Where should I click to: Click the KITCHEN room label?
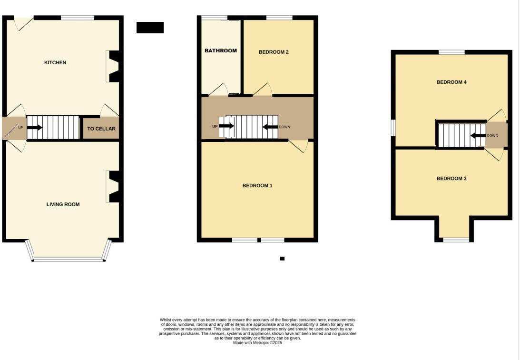pyautogui.click(x=55, y=62)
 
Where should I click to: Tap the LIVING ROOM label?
pyautogui.click(x=63, y=204)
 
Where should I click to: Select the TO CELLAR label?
pyautogui.click(x=101, y=129)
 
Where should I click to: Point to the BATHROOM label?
pyautogui.click(x=220, y=50)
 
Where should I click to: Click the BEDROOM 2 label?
pyautogui.click(x=274, y=52)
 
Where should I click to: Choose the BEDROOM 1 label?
pyautogui.click(x=257, y=186)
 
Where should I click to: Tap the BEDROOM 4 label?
pyautogui.click(x=451, y=82)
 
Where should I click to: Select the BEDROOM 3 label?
pyautogui.click(x=451, y=179)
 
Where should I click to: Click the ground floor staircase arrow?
pyautogui.click(x=35, y=128)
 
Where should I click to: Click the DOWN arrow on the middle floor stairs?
pyautogui.click(x=270, y=127)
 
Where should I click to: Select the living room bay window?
pyautogui.click(x=68, y=259)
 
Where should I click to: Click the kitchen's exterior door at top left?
pyautogui.click(x=23, y=22)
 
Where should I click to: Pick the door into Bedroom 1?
pyautogui.click(x=299, y=145)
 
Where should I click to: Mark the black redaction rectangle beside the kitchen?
pyautogui.click(x=150, y=28)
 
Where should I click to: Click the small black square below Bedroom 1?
pyautogui.click(x=282, y=259)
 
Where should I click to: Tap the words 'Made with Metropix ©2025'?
pyautogui.click(x=257, y=342)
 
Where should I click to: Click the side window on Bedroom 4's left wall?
pyautogui.click(x=393, y=127)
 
